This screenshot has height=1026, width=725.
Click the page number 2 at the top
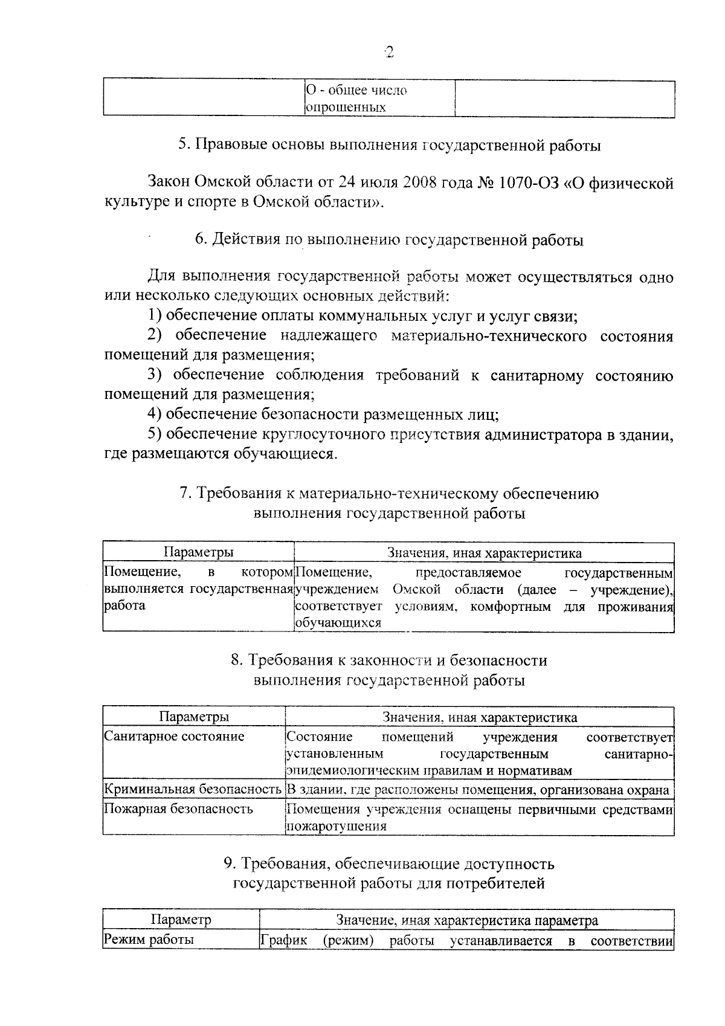(388, 53)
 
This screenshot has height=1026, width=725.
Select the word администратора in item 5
(553, 434)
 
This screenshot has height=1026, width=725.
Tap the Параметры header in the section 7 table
(198, 552)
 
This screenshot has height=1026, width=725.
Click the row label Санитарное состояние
(174, 737)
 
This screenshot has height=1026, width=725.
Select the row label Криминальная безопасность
(193, 790)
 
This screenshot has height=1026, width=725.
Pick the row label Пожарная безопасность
(178, 809)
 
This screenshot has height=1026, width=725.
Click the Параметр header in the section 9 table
(181, 920)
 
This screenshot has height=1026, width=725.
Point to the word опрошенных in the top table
(346, 108)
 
